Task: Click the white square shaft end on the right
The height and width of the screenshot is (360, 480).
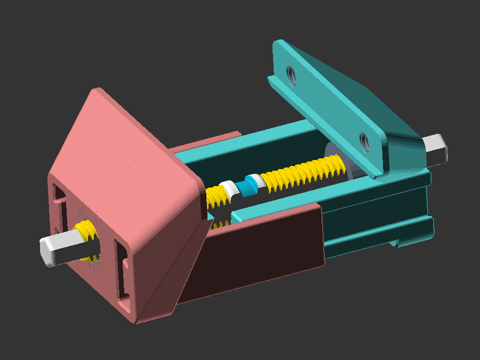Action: click(436, 148)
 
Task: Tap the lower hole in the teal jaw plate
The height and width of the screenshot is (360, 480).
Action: click(365, 141)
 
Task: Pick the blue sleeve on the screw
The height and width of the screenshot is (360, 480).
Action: click(247, 187)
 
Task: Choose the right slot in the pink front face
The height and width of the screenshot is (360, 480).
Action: click(121, 270)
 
